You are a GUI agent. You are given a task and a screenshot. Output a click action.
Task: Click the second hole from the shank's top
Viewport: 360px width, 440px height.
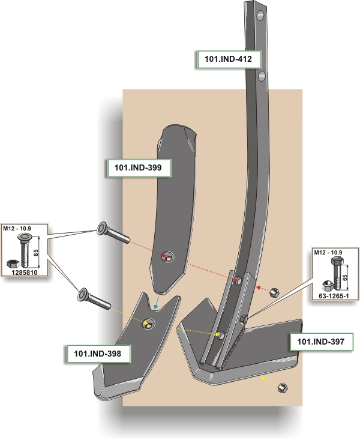[262, 76]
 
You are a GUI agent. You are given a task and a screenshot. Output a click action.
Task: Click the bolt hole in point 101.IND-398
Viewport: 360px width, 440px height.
[148, 324]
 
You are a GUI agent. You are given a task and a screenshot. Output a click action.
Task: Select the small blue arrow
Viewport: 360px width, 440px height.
[157, 301]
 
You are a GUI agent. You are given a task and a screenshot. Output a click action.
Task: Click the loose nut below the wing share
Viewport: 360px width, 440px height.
[282, 388]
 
